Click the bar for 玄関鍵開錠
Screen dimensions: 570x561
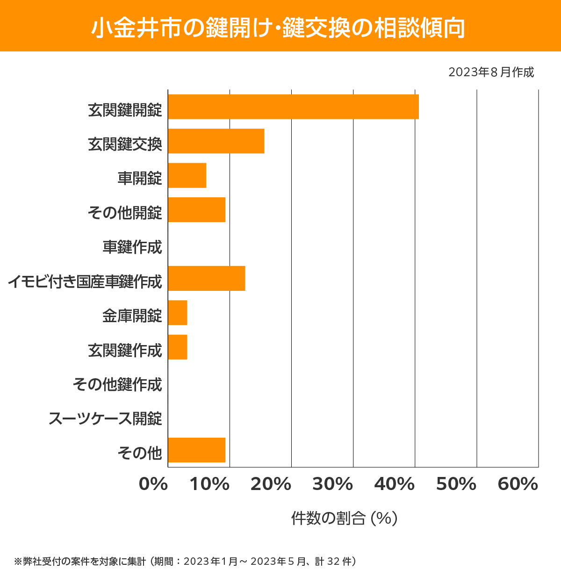293,107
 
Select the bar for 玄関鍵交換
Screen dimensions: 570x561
216,141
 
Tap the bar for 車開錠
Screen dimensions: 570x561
187,175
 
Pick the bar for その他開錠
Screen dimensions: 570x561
196,209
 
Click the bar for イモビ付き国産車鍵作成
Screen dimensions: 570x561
206,278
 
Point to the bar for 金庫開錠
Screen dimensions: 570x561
178,312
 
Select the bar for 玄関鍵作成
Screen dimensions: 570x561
178,347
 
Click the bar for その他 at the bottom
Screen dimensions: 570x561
196,450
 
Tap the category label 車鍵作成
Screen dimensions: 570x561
132,247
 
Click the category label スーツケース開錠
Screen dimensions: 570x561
105,418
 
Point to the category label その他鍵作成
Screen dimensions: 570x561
117,384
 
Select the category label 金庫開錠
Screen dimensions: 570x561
132,316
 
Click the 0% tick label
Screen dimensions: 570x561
153,484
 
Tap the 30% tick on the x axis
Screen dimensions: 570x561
332,484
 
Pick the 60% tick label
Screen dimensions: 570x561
518,484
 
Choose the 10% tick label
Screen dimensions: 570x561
209,484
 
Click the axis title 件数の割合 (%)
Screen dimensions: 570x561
344,518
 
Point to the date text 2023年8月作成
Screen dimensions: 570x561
491,72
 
